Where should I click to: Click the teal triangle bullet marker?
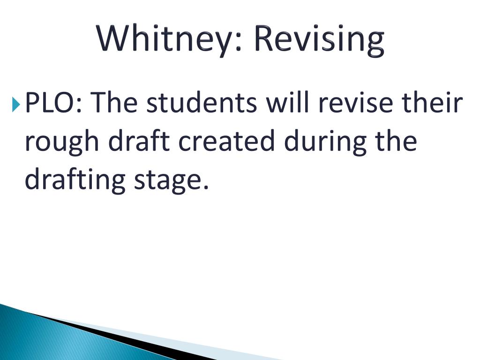click(16, 105)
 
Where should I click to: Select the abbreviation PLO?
click(49, 102)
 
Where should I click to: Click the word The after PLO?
click(113, 102)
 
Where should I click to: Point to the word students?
click(202, 102)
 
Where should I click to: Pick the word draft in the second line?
click(139, 141)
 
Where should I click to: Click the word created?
click(226, 141)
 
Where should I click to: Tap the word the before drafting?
click(396, 141)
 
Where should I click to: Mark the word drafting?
click(75, 180)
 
